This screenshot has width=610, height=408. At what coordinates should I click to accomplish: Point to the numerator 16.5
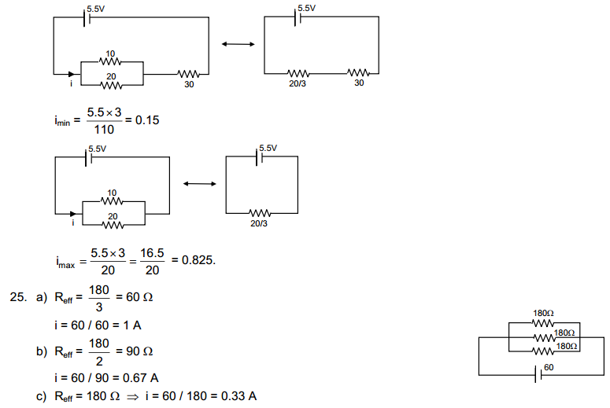click(x=153, y=253)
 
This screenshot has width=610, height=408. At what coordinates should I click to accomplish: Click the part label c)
click(x=41, y=395)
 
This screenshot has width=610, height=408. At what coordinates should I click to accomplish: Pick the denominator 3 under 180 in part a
click(x=98, y=307)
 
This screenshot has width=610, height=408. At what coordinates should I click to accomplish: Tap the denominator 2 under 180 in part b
click(x=98, y=361)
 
